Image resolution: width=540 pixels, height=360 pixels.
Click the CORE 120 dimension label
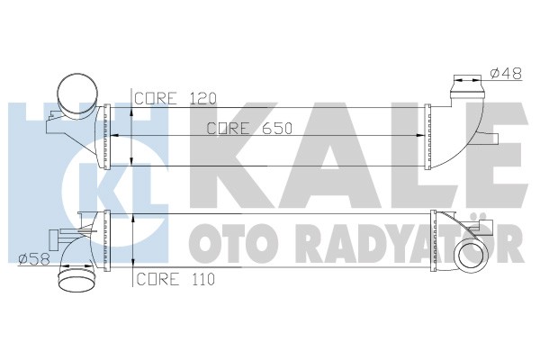(x=175, y=98)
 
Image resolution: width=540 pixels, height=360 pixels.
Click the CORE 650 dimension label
(x=249, y=129)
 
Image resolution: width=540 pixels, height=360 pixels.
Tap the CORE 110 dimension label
(x=175, y=279)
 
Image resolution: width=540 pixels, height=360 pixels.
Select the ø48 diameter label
(x=506, y=74)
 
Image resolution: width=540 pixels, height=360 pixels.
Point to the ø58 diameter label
(x=34, y=259)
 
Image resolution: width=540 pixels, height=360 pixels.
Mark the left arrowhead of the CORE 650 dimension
(x=114, y=136)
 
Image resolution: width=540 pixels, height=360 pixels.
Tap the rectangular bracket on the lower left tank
(x=54, y=240)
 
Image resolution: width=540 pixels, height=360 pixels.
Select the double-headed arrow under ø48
(x=467, y=80)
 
